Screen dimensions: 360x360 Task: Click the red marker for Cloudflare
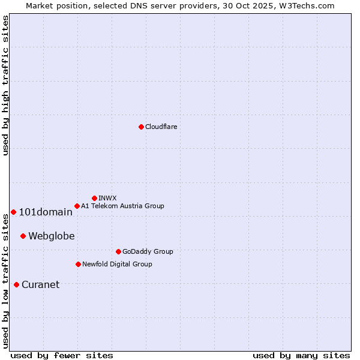point(141,127)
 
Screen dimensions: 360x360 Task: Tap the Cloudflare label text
point(161,127)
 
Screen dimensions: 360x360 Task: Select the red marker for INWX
point(94,198)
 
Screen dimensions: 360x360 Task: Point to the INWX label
point(108,198)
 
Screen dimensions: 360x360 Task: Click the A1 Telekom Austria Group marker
point(77,206)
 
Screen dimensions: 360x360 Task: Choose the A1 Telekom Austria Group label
point(122,206)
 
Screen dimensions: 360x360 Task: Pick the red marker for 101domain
point(13,212)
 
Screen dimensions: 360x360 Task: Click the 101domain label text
point(46,212)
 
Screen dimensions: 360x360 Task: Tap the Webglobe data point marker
point(23,236)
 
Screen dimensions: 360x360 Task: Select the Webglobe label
point(52,236)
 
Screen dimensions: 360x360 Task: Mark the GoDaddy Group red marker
point(118,251)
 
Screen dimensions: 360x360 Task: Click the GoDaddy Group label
point(148,251)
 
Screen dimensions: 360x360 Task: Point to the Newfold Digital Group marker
point(78,264)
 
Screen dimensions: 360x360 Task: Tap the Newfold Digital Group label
point(117,264)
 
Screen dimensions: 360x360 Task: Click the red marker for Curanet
point(16,284)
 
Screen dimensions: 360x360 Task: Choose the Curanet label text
point(41,284)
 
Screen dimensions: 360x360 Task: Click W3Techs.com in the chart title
point(309,5)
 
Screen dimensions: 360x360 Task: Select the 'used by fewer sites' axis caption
point(62,355)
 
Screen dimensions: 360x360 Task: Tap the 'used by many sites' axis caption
point(301,355)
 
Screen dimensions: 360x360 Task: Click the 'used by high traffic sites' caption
point(5,85)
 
